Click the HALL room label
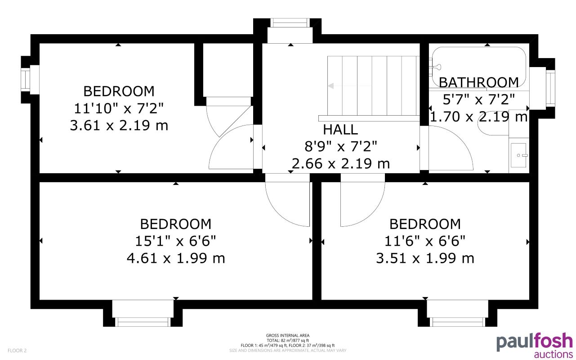(x=340, y=130)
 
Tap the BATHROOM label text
(x=478, y=82)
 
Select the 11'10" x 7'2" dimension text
(x=119, y=108)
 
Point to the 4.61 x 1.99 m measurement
(x=175, y=258)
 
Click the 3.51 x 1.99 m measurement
(x=425, y=258)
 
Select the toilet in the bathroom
(x=492, y=124)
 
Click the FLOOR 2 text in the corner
(x=17, y=350)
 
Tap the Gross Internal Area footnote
(x=288, y=342)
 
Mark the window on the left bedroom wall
(x=26, y=80)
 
